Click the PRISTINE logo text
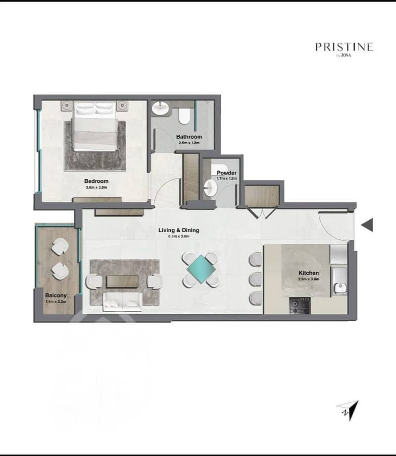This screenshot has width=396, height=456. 345,47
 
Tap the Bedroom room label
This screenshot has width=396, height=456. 96,181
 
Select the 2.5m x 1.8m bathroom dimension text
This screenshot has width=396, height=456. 189,143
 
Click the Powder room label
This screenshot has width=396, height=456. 227,173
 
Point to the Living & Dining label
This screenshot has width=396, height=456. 179,230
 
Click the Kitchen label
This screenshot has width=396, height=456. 308,273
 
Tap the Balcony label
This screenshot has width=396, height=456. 56,295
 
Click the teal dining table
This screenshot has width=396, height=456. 200,269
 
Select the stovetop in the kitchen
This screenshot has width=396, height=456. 299,306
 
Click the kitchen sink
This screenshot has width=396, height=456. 340,288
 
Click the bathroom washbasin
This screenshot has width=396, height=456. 160,108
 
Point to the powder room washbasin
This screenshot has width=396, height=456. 210,188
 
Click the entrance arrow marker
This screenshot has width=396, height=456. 367,225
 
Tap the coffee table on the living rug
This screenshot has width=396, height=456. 122,281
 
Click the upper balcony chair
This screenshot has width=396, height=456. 60,247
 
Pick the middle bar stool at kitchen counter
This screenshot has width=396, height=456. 255,279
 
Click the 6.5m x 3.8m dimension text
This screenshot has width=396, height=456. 179,236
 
